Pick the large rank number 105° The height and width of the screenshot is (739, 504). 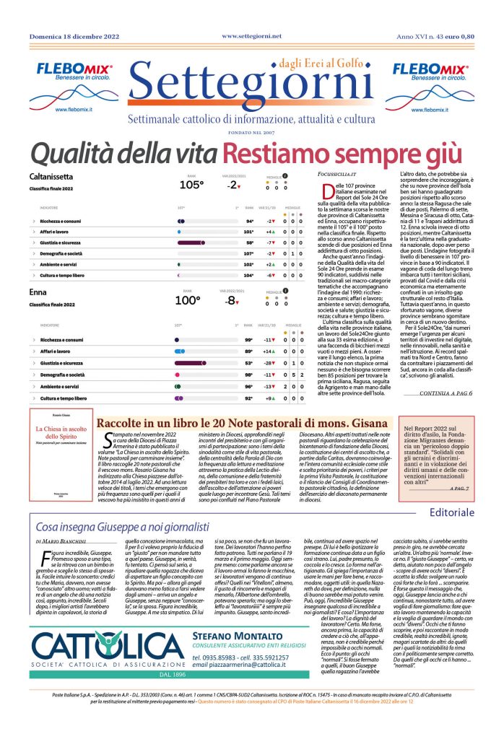(192, 185)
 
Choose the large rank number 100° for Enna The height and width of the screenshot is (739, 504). (188, 300)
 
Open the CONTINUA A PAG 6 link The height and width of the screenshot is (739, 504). (446, 393)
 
